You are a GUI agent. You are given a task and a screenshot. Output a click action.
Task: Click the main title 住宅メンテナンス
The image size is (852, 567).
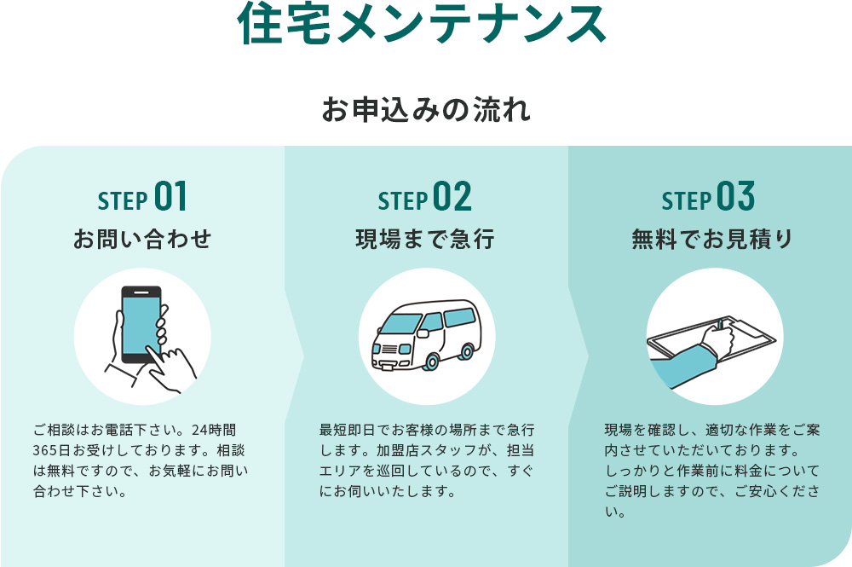coord(422,23)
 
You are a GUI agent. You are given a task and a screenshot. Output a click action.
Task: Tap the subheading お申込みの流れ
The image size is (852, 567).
coord(426,109)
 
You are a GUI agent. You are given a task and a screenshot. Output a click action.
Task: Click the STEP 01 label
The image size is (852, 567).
coord(142,197)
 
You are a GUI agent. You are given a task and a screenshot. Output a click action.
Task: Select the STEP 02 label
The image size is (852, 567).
coord(425,197)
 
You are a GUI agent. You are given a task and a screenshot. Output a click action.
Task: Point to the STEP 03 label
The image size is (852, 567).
coord(709,197)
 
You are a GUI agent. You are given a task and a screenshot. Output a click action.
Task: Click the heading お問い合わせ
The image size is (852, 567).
coord(142,239)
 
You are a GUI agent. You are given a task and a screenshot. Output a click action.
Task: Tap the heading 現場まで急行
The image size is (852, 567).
coord(425,239)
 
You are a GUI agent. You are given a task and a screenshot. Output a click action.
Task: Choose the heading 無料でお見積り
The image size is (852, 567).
coord(711,239)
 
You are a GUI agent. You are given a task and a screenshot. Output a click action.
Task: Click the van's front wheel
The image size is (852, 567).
coord(431,361)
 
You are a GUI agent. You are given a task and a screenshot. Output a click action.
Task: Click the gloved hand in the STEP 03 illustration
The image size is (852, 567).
coord(718,339)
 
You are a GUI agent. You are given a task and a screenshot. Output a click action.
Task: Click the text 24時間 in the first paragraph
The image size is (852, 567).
coord(214,430)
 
